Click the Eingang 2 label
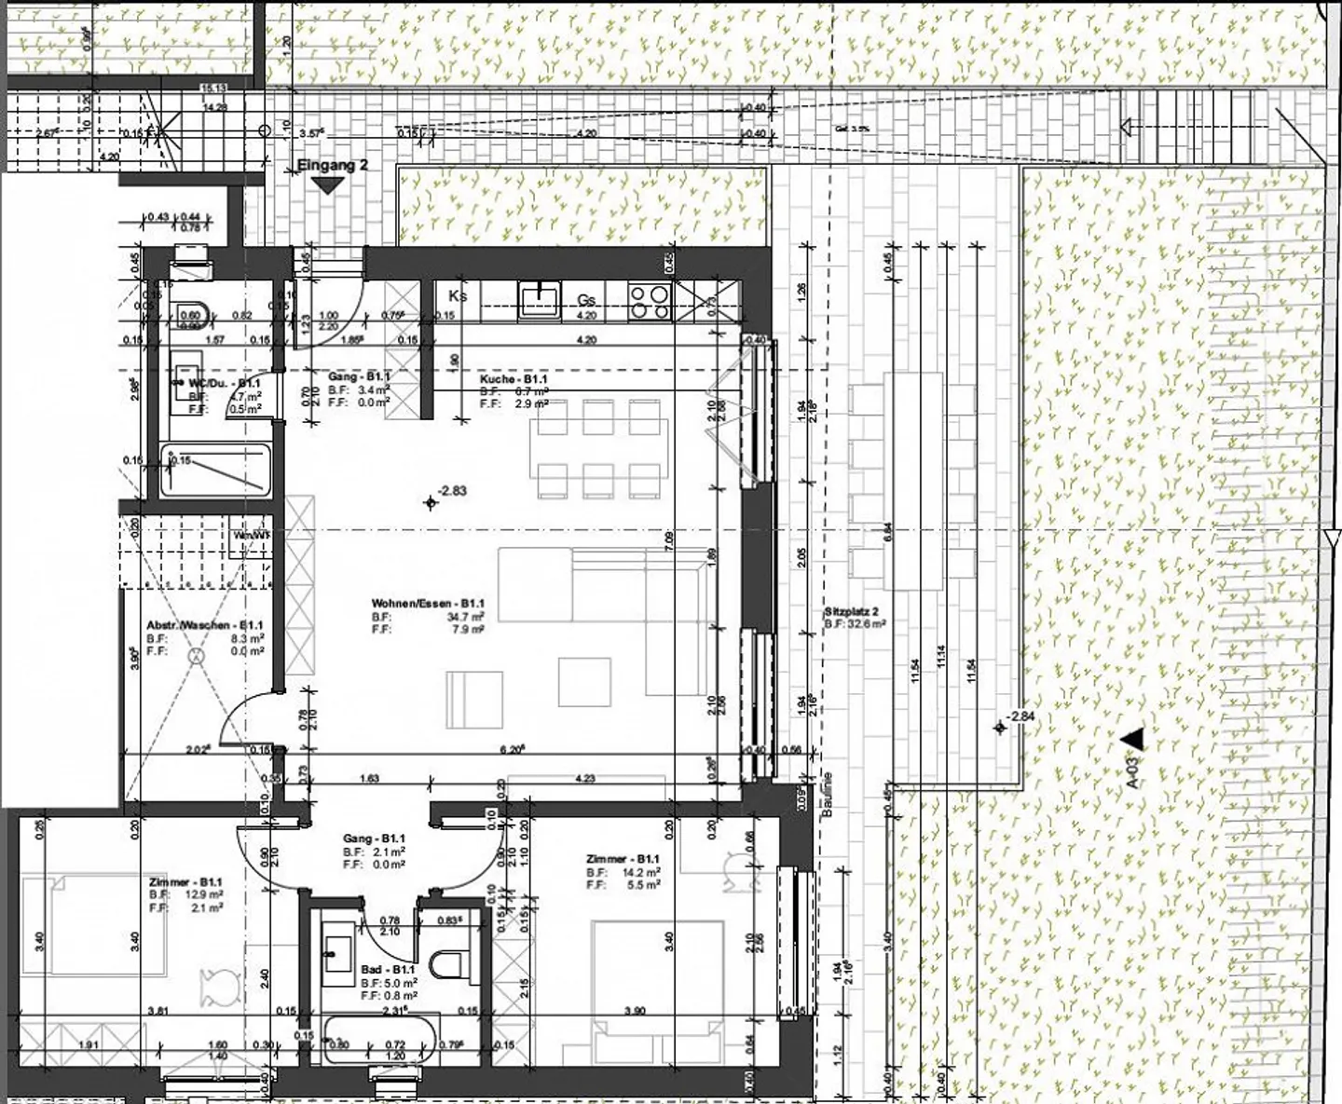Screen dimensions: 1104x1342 [333, 166]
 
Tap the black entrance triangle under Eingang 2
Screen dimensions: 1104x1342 [326, 185]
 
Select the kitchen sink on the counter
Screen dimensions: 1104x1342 [539, 299]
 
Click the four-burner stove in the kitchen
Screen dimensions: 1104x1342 [650, 300]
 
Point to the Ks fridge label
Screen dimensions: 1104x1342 [457, 295]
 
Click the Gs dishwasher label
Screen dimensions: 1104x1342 [586, 300]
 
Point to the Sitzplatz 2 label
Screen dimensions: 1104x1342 [852, 612]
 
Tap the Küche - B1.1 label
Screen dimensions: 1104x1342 [513, 380]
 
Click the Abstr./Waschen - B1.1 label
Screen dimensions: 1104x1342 [205, 626]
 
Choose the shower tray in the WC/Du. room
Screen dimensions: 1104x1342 [215, 470]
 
